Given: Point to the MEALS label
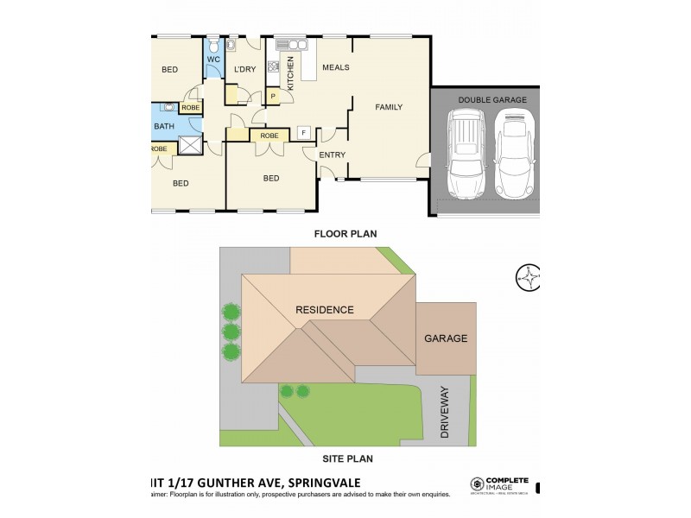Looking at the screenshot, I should [x=335, y=67].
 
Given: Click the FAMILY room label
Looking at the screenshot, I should [x=389, y=107].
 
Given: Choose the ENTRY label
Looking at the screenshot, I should [x=333, y=155].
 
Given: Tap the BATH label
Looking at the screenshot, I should [x=164, y=127].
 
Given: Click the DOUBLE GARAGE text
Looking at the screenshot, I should [x=491, y=100].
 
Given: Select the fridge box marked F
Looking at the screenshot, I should [x=303, y=133].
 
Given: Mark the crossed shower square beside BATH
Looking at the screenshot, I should [x=189, y=145].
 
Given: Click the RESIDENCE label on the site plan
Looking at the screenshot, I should [x=325, y=310].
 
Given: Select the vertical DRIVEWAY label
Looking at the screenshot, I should [x=446, y=414].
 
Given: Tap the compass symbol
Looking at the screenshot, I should [x=527, y=277].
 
